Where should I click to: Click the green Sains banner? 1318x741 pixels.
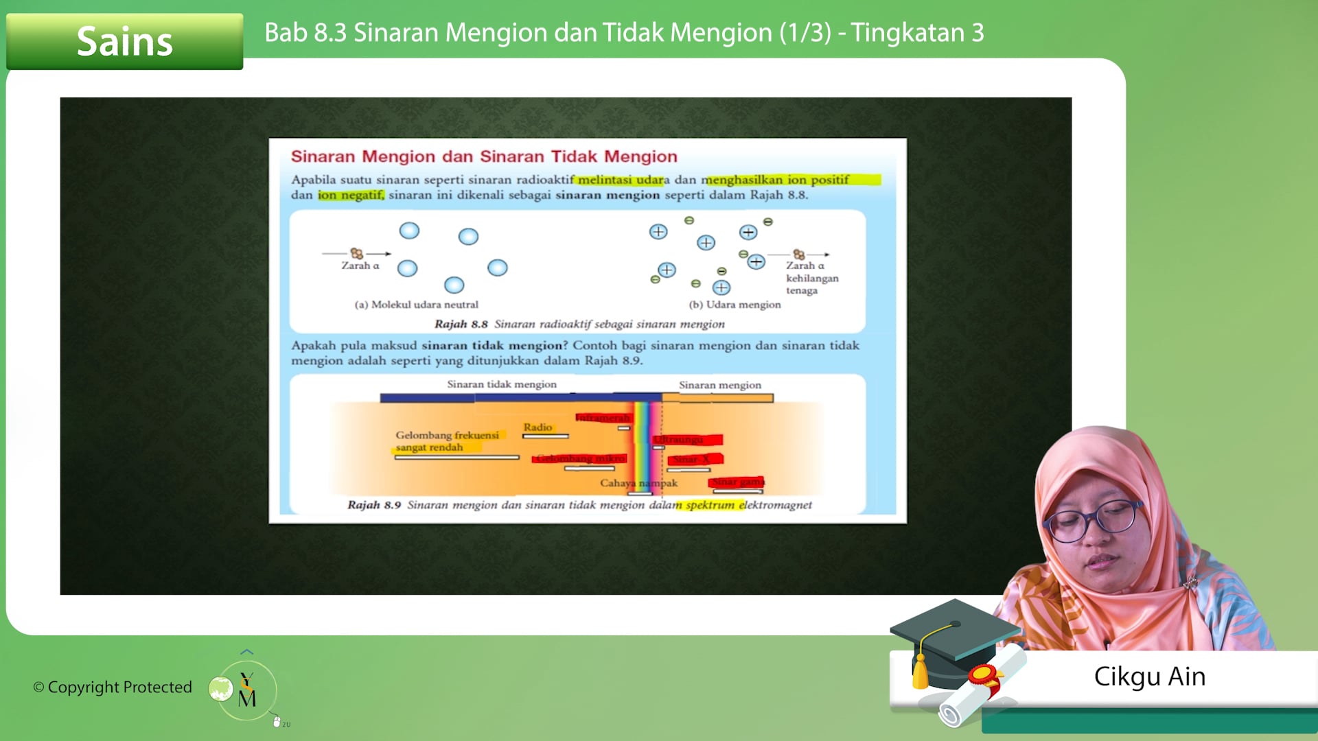(124, 41)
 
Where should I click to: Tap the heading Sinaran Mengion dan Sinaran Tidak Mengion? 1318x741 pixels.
(484, 156)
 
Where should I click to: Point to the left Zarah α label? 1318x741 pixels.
(360, 266)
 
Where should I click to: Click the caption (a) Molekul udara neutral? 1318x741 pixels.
(416, 305)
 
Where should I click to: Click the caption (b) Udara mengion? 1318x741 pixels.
(735, 305)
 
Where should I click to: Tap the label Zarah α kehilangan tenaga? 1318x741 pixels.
(811, 278)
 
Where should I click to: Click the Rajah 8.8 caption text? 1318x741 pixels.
(579, 324)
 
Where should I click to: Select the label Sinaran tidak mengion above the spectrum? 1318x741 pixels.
(502, 384)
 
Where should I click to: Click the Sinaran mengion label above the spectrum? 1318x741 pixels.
(719, 385)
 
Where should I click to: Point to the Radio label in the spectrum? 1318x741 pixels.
(537, 427)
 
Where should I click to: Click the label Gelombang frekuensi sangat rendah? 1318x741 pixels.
(446, 441)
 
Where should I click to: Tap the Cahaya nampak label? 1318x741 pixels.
(638, 483)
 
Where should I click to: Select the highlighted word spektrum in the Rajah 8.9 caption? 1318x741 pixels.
(710, 505)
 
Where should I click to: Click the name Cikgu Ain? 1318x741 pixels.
(1149, 677)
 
